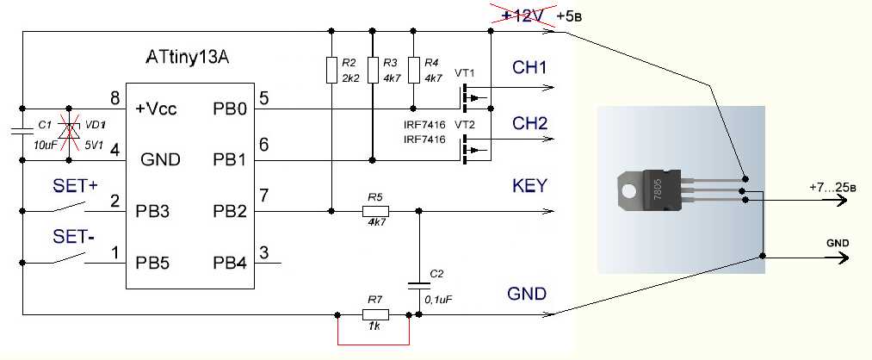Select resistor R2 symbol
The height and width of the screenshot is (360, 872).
(331, 70)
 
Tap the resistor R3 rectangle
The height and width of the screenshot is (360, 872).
(372, 70)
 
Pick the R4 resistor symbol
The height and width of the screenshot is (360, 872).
(413, 70)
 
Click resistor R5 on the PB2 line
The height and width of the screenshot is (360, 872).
(374, 210)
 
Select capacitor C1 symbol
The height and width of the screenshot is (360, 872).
(22, 132)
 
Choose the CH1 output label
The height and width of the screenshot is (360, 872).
(529, 68)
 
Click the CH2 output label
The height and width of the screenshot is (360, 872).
(529, 124)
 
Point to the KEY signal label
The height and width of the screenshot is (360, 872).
(529, 186)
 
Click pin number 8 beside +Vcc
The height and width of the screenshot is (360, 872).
(114, 96)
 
